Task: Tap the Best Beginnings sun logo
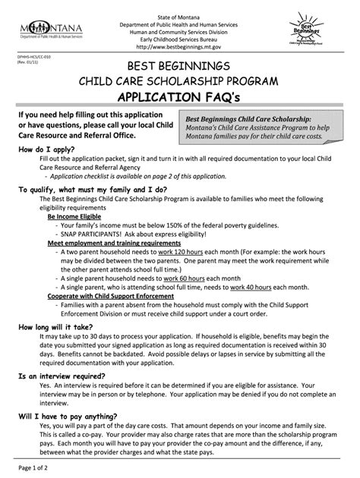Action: [x=306, y=30]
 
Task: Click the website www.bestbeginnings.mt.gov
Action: [x=180, y=46]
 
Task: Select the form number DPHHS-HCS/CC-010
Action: [x=30, y=58]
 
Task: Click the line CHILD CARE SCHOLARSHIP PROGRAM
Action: [x=180, y=80]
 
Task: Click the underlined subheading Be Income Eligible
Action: [x=80, y=216]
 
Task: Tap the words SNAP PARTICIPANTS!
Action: [x=93, y=234]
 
